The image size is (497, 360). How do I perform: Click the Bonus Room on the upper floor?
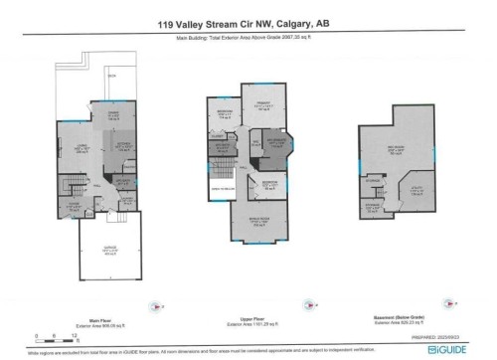coord(258,222)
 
